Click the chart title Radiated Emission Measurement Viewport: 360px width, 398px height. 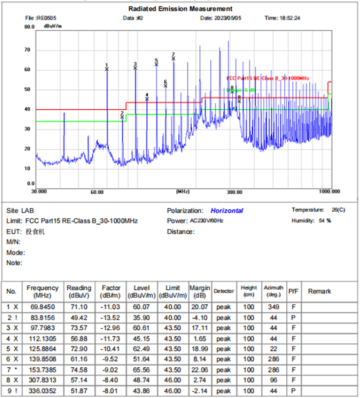click(x=180, y=9)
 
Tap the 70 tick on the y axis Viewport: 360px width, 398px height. click(x=28, y=50)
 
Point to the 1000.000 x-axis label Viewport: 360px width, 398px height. click(x=330, y=192)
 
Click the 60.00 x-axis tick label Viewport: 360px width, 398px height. click(x=97, y=192)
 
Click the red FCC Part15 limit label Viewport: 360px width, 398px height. click(x=268, y=79)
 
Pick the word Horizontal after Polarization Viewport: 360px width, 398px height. click(x=226, y=211)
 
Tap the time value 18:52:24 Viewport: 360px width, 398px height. click(x=289, y=18)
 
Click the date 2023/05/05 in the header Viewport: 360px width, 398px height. click(x=228, y=18)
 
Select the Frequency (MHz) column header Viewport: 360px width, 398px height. click(x=42, y=292)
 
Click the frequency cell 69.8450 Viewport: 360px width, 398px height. click(x=42, y=307)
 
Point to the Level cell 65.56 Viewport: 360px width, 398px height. click(x=141, y=370)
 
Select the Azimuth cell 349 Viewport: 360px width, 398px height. click(x=274, y=307)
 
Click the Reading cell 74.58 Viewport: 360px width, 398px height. click(x=79, y=370)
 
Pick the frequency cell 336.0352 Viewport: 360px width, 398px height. click(x=42, y=391)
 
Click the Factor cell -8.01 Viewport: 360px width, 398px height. click(x=110, y=391)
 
